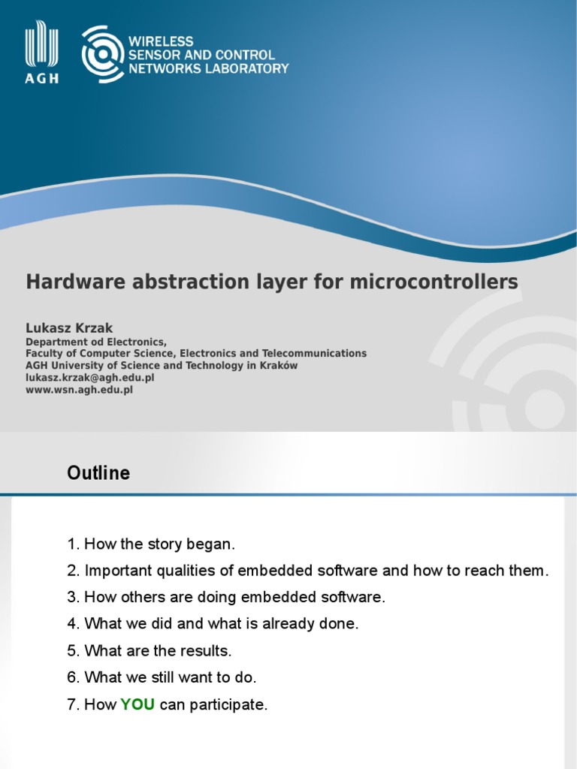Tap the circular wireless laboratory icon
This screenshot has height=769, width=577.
[x=102, y=53]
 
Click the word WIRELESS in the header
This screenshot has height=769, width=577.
[x=161, y=41]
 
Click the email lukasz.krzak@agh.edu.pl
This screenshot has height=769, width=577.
[x=90, y=378]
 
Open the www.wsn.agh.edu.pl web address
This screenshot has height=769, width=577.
[x=79, y=391]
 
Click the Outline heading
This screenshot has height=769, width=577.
[x=98, y=473]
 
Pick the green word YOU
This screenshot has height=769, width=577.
[x=137, y=705]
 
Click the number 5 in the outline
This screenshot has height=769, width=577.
[x=72, y=650]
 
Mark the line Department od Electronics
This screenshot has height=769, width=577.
[x=96, y=341]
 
